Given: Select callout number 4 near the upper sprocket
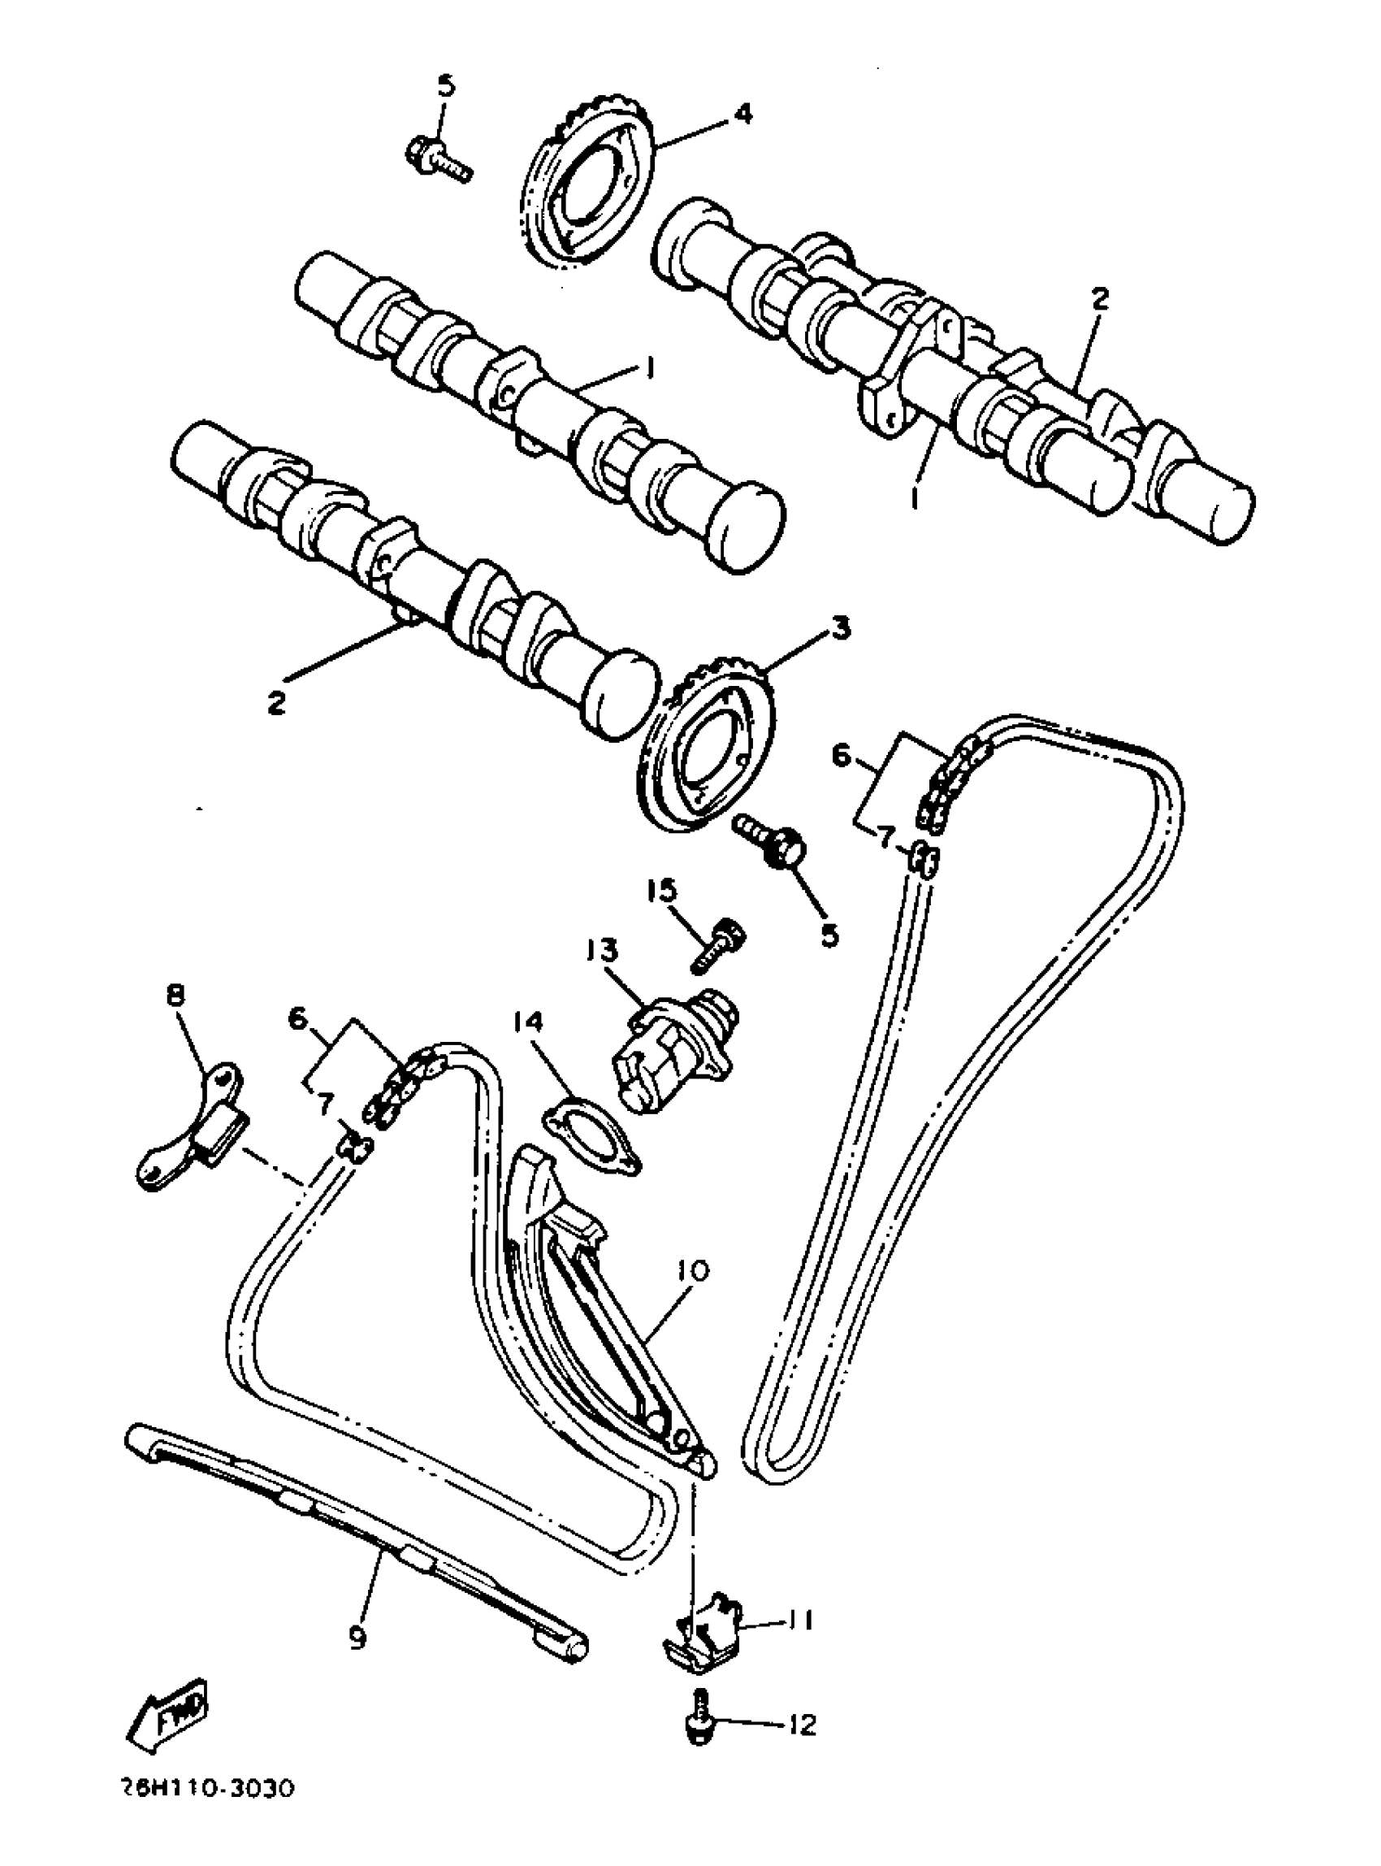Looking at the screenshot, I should pyautogui.click(x=742, y=112).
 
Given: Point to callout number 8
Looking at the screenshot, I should pyautogui.click(x=176, y=996).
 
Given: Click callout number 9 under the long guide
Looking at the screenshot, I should pyautogui.click(x=357, y=1638).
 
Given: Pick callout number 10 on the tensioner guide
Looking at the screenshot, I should pyautogui.click(x=693, y=1271).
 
